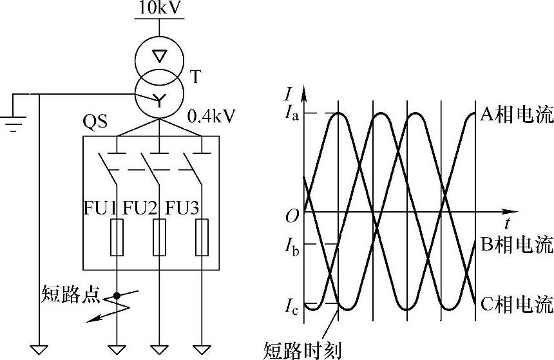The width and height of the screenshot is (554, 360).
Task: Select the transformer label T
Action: (196, 77)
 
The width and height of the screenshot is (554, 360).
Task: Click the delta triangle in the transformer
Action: (158, 55)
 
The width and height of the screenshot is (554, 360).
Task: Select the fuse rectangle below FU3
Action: (202, 237)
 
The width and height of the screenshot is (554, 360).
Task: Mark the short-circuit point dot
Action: (117, 296)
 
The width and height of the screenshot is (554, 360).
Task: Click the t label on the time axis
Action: (508, 224)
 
